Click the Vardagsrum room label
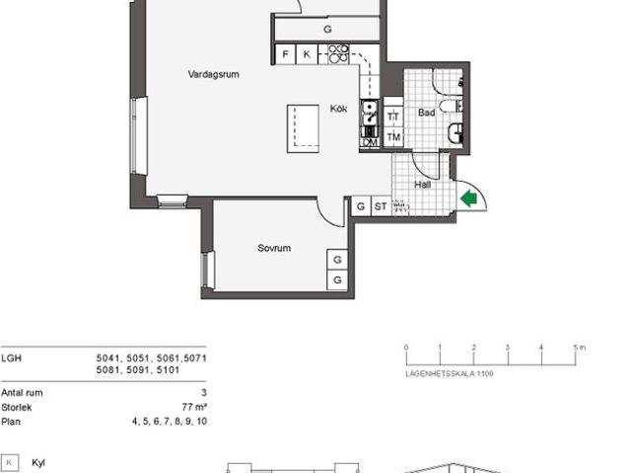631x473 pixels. pos(215,74)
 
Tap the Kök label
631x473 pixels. pos(338,109)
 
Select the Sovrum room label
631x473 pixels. pos(274,249)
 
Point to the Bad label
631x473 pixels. pos(426,114)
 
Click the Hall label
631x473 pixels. pos(423,185)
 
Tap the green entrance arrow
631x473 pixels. pos(469,198)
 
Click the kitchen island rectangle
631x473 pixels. pos(304,128)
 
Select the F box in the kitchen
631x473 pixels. pos(285,54)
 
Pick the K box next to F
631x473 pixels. pos(307,54)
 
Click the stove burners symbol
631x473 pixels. pos(338,52)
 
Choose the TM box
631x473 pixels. pos(393,137)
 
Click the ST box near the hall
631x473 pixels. pos(381,206)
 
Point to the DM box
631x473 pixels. pos(370,142)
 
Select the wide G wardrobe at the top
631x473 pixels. pos(326,30)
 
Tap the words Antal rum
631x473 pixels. pos(22,393)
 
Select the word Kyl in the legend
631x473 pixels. pos(39,462)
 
